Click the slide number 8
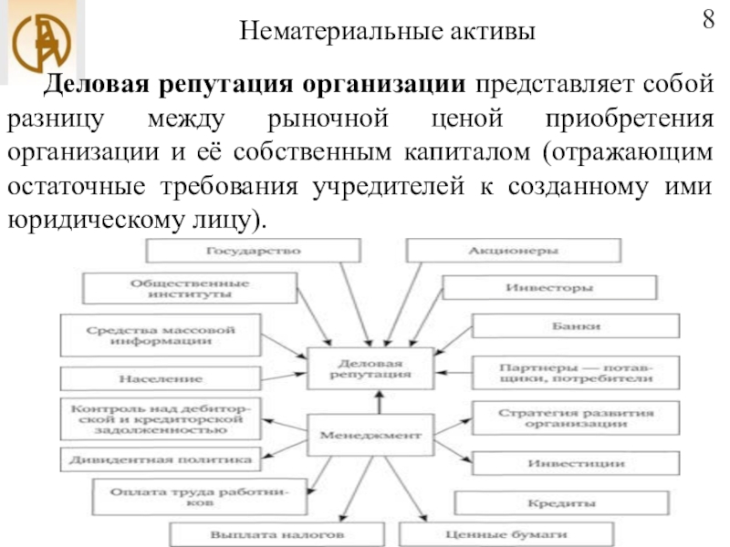[708, 20]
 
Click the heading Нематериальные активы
[389, 33]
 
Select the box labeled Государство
[254, 250]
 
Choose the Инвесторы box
[548, 288]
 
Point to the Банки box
[576, 326]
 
